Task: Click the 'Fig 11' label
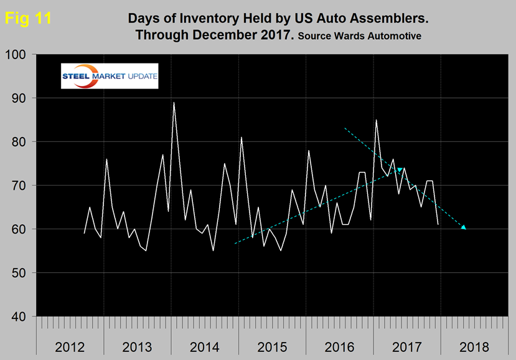coord(28,19)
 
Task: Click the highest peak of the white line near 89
coord(174,103)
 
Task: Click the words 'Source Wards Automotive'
coord(359,36)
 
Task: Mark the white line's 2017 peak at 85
coord(376,120)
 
